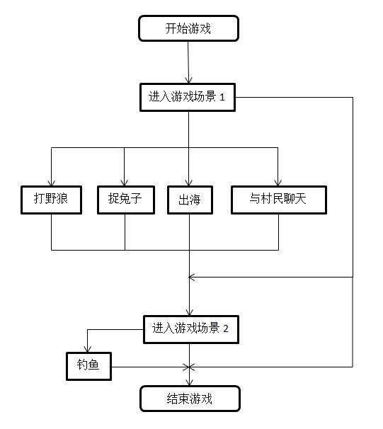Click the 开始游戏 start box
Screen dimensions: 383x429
188,28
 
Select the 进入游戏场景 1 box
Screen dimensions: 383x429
188,98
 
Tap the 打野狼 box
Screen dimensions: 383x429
52,200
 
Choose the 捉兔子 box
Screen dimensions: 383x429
126,200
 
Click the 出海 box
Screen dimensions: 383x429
190,200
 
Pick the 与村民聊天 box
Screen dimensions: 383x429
279,200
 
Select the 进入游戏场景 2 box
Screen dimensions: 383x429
191,329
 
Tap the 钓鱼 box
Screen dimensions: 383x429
89,366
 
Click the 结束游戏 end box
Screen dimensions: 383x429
190,399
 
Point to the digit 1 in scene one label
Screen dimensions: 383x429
222,98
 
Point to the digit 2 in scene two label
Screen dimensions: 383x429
226,328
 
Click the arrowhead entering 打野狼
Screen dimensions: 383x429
52,183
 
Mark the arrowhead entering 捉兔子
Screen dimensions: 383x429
125,183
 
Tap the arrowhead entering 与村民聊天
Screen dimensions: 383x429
278,183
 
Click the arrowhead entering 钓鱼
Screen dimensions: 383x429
88,350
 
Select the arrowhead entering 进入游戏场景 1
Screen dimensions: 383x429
188,81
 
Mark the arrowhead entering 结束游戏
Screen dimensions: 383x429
189,383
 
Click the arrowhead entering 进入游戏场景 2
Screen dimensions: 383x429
190,313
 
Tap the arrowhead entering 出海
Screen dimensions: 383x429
189,183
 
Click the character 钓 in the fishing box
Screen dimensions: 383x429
82,365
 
